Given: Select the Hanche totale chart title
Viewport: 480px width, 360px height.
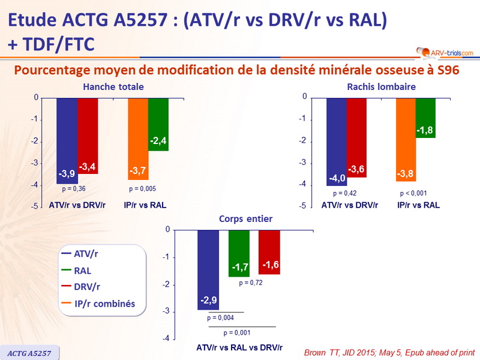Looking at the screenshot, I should pos(113,87).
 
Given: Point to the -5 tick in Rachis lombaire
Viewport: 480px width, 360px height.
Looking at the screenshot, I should pos(304,206).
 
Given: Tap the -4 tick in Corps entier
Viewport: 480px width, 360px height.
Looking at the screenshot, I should pos(165,338).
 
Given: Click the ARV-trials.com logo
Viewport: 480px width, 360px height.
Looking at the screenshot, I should pos(441,53).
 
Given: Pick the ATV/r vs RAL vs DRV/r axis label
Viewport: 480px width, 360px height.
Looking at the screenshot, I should pos(239,347).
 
